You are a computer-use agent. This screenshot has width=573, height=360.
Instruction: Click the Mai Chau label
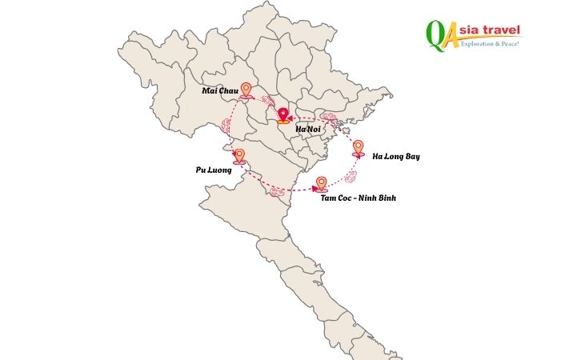[221, 91]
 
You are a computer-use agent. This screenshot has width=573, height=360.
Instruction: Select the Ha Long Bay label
[395, 156]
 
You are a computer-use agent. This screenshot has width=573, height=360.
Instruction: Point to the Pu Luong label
[214, 170]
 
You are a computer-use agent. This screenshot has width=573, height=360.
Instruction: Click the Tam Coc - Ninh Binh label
[359, 197]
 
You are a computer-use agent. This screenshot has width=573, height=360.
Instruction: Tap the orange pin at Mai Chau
[246, 90]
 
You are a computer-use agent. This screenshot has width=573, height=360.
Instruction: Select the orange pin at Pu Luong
[238, 156]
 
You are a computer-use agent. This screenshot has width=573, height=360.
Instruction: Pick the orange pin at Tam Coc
[321, 183]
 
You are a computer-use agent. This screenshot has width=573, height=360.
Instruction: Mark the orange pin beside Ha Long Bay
[358, 147]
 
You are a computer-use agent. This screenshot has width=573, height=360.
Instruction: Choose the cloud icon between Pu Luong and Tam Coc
[277, 192]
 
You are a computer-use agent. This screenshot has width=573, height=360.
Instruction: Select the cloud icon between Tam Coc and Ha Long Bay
[350, 176]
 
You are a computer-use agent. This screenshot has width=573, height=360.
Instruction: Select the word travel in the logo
[503, 30]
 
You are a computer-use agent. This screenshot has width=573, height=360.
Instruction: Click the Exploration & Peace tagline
[491, 43]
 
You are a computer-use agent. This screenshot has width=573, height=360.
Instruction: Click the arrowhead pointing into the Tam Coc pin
[314, 189]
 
